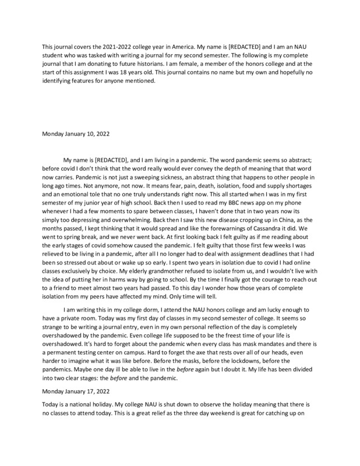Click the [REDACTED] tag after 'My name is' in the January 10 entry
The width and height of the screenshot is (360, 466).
point(118,158)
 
